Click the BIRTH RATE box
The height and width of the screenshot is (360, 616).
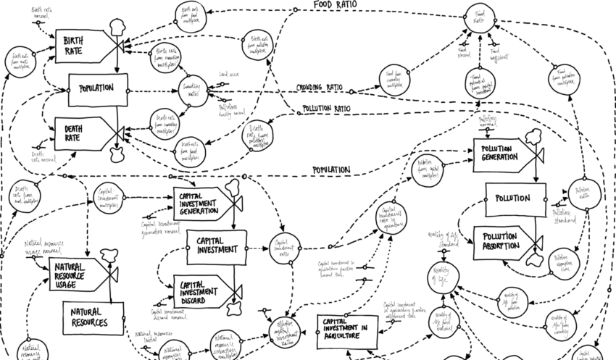[x=82, y=46]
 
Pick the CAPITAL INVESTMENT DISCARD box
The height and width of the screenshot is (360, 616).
[x=202, y=292]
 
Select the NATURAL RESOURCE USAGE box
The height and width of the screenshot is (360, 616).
[x=78, y=275]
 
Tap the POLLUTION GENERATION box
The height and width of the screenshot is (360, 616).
[x=502, y=154]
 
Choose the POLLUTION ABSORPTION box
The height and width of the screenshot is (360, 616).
[x=501, y=240]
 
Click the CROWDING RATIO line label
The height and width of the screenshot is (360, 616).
[x=319, y=88]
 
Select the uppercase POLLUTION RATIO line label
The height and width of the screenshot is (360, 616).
[x=325, y=109]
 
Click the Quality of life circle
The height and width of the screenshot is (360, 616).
[x=442, y=276]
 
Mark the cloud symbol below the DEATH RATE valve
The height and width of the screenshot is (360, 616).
[x=117, y=153]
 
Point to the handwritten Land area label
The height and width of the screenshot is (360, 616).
[x=228, y=74]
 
